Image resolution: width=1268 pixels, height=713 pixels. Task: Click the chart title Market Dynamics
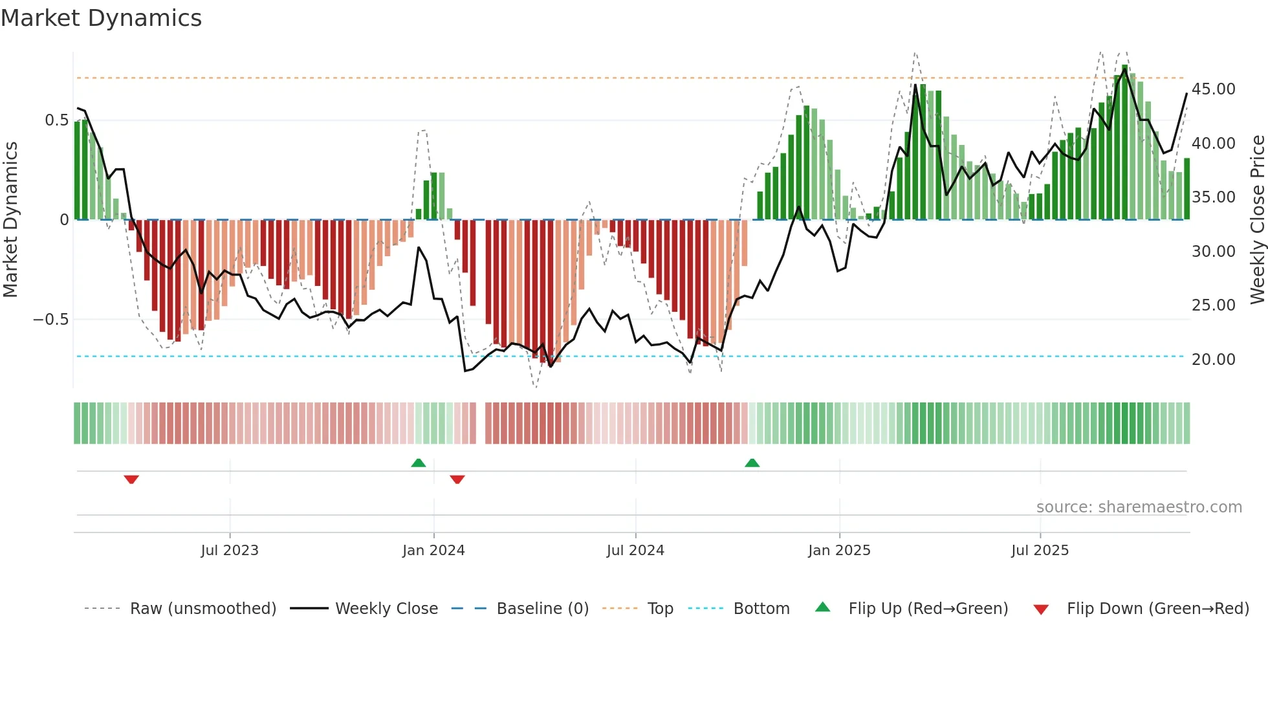(102, 18)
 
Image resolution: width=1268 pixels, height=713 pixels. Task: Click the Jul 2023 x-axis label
(230, 551)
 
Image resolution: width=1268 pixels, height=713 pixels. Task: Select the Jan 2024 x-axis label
(433, 551)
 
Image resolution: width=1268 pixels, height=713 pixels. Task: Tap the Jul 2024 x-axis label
(635, 551)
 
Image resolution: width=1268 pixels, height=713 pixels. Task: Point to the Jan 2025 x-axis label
(839, 551)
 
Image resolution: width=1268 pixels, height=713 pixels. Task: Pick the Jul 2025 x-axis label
(1040, 551)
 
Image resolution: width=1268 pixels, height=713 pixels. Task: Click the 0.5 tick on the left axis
(56, 120)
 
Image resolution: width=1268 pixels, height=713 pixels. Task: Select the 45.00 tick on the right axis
(1214, 89)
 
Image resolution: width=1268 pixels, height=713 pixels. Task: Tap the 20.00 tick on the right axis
(1214, 360)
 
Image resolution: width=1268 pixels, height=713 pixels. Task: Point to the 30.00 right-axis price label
(1214, 252)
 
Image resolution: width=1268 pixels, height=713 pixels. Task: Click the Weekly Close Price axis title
(1257, 220)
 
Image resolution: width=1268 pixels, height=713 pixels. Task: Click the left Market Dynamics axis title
(10, 220)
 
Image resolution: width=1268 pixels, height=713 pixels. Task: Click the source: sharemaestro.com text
(1139, 507)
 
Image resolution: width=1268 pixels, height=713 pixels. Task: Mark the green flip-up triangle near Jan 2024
(419, 463)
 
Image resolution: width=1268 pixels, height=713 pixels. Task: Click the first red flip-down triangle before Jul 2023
(131, 479)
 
